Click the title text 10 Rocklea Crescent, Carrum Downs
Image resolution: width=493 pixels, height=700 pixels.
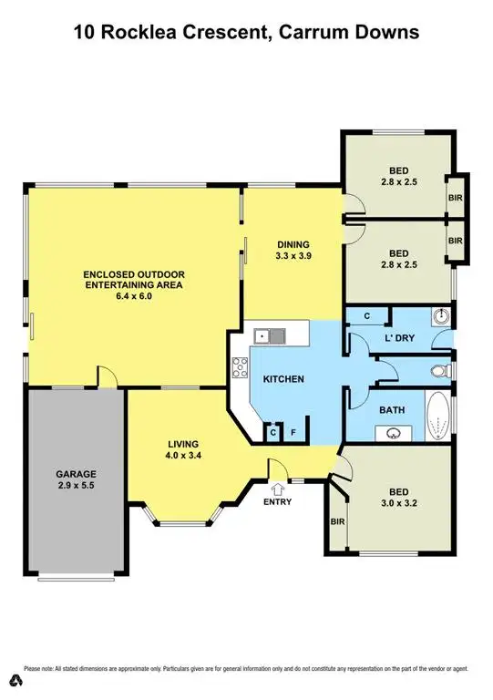coord(246,33)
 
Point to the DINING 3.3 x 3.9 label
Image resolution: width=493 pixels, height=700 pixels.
coord(294,251)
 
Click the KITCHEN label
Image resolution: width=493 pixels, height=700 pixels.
coord(283,379)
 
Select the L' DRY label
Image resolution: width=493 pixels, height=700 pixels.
coord(398,337)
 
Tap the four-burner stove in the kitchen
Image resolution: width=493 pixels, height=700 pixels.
coord(241,368)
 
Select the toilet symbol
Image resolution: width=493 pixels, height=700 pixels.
coord(439,372)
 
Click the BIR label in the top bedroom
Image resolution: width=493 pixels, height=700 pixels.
coord(456,197)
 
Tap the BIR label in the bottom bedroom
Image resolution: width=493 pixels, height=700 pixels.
coord(336,520)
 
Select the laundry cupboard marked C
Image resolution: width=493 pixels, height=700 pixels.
coord(367,316)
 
